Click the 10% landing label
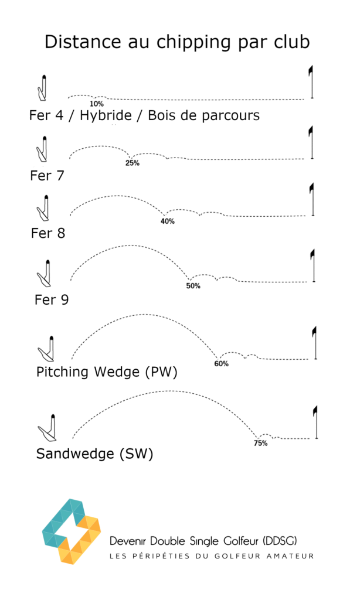click(97, 104)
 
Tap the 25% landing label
click(132, 163)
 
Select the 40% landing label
click(168, 221)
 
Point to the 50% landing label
click(193, 286)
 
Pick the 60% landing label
click(221, 364)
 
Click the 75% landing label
click(260, 443)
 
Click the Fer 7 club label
click(47, 175)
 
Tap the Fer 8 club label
click(48, 233)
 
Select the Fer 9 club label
click(52, 300)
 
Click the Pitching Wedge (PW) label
click(107, 372)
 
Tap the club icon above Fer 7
click(43, 149)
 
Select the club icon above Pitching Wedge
click(47, 349)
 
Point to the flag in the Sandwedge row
click(316, 422)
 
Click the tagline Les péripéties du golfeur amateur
click(212, 555)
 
